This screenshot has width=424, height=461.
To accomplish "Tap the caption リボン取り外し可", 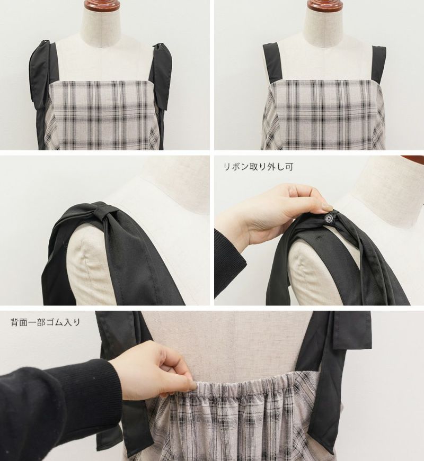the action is [x=259, y=167].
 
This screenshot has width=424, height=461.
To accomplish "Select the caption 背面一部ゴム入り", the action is [x=46, y=322].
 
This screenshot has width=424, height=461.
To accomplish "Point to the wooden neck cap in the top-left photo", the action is [x=99, y=4].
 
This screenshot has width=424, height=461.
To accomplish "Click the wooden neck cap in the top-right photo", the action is [x=323, y=4].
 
